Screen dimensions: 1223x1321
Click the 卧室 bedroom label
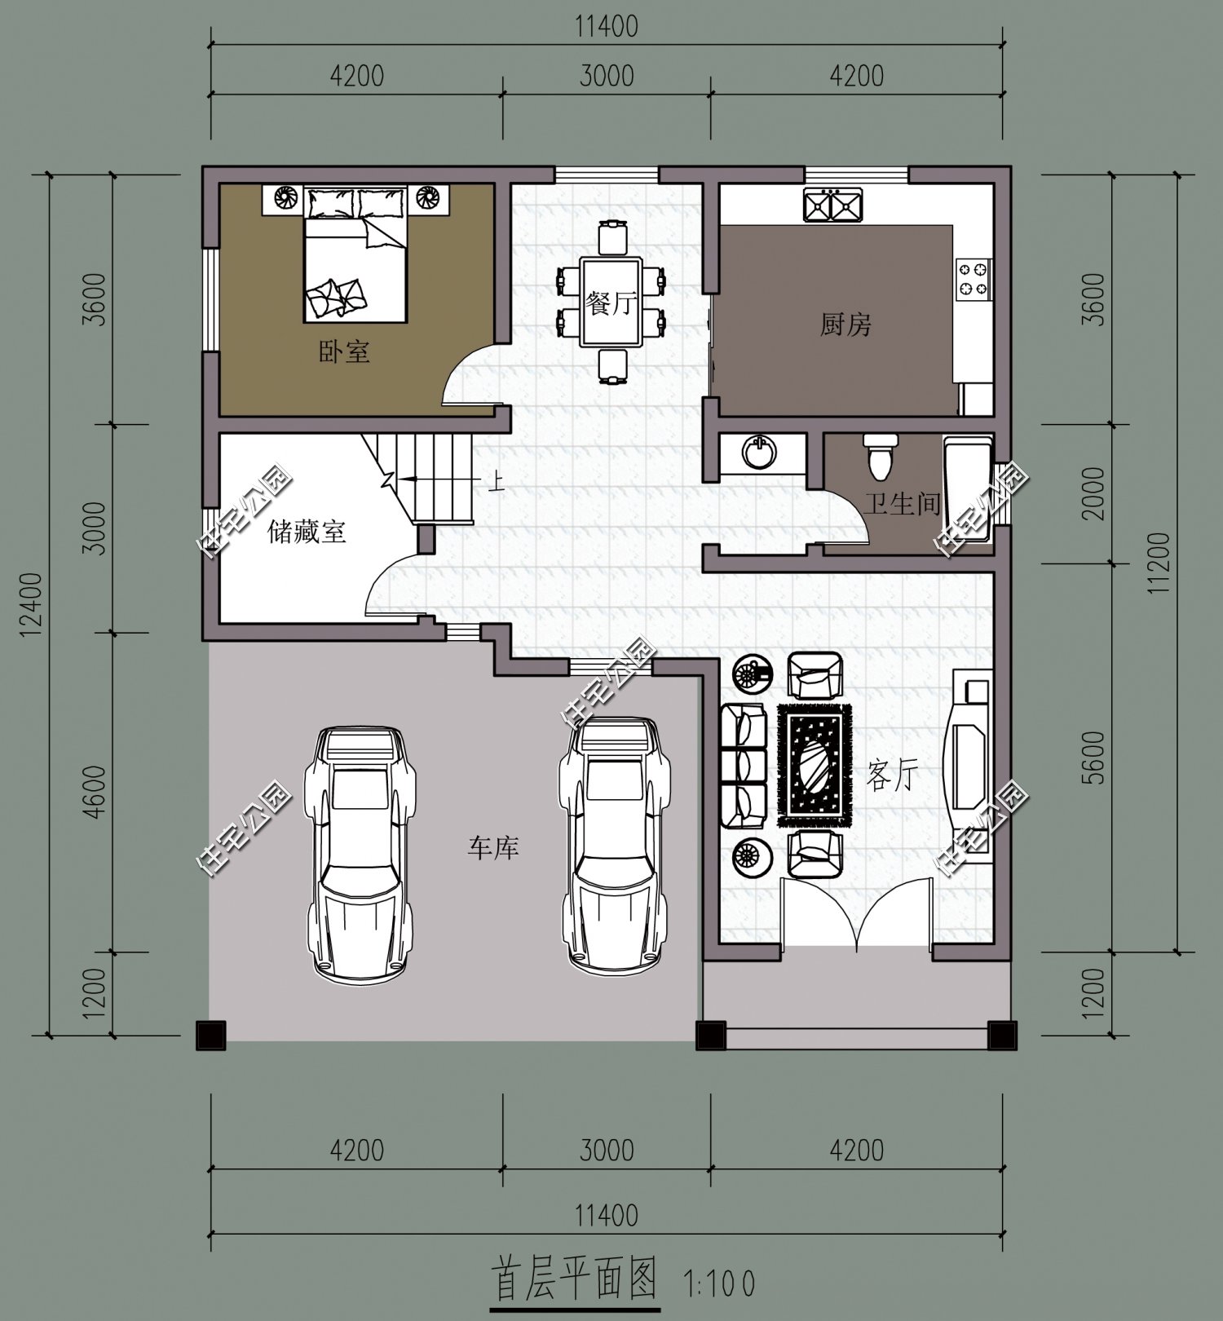tap(344, 352)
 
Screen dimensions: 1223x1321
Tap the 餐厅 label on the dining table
tap(611, 304)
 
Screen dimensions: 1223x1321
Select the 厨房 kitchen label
tap(846, 325)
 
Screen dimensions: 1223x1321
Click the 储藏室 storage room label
tap(307, 532)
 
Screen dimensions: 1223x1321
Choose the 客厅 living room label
tap(892, 775)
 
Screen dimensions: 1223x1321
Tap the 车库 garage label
tap(493, 848)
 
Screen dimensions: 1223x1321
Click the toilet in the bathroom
tap(880, 457)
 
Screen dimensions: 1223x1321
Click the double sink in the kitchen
tap(832, 205)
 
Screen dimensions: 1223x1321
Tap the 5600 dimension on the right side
tap(1095, 758)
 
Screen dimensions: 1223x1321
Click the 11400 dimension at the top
tap(607, 26)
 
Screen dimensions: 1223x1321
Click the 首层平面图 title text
tap(575, 1279)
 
